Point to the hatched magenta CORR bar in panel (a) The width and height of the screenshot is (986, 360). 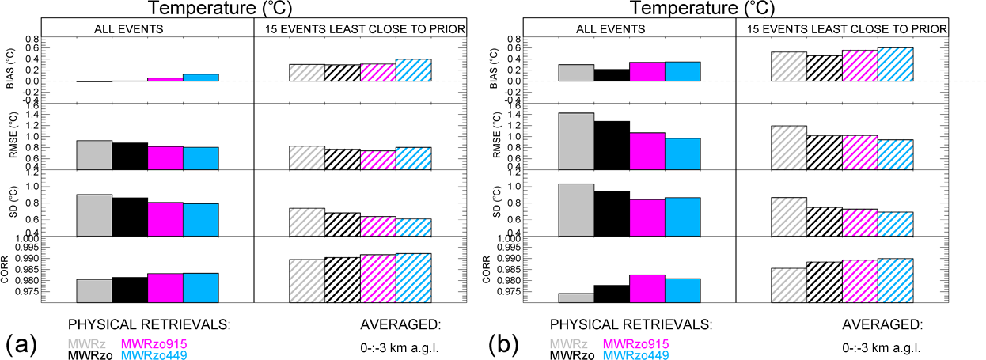click(377, 278)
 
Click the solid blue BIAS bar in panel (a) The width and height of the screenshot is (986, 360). click(201, 78)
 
